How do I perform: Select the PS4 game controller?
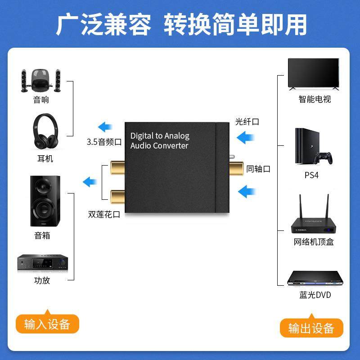click(x=324, y=157)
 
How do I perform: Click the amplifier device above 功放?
click(x=42, y=263)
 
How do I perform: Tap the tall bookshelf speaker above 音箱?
click(x=45, y=201)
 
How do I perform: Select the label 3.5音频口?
click(x=104, y=142)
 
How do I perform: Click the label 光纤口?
click(x=247, y=122)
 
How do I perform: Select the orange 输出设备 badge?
click(x=311, y=328)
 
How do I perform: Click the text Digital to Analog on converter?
click(x=160, y=135)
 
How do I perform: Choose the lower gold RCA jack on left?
click(x=115, y=195)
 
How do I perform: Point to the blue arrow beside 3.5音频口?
click(x=107, y=126)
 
